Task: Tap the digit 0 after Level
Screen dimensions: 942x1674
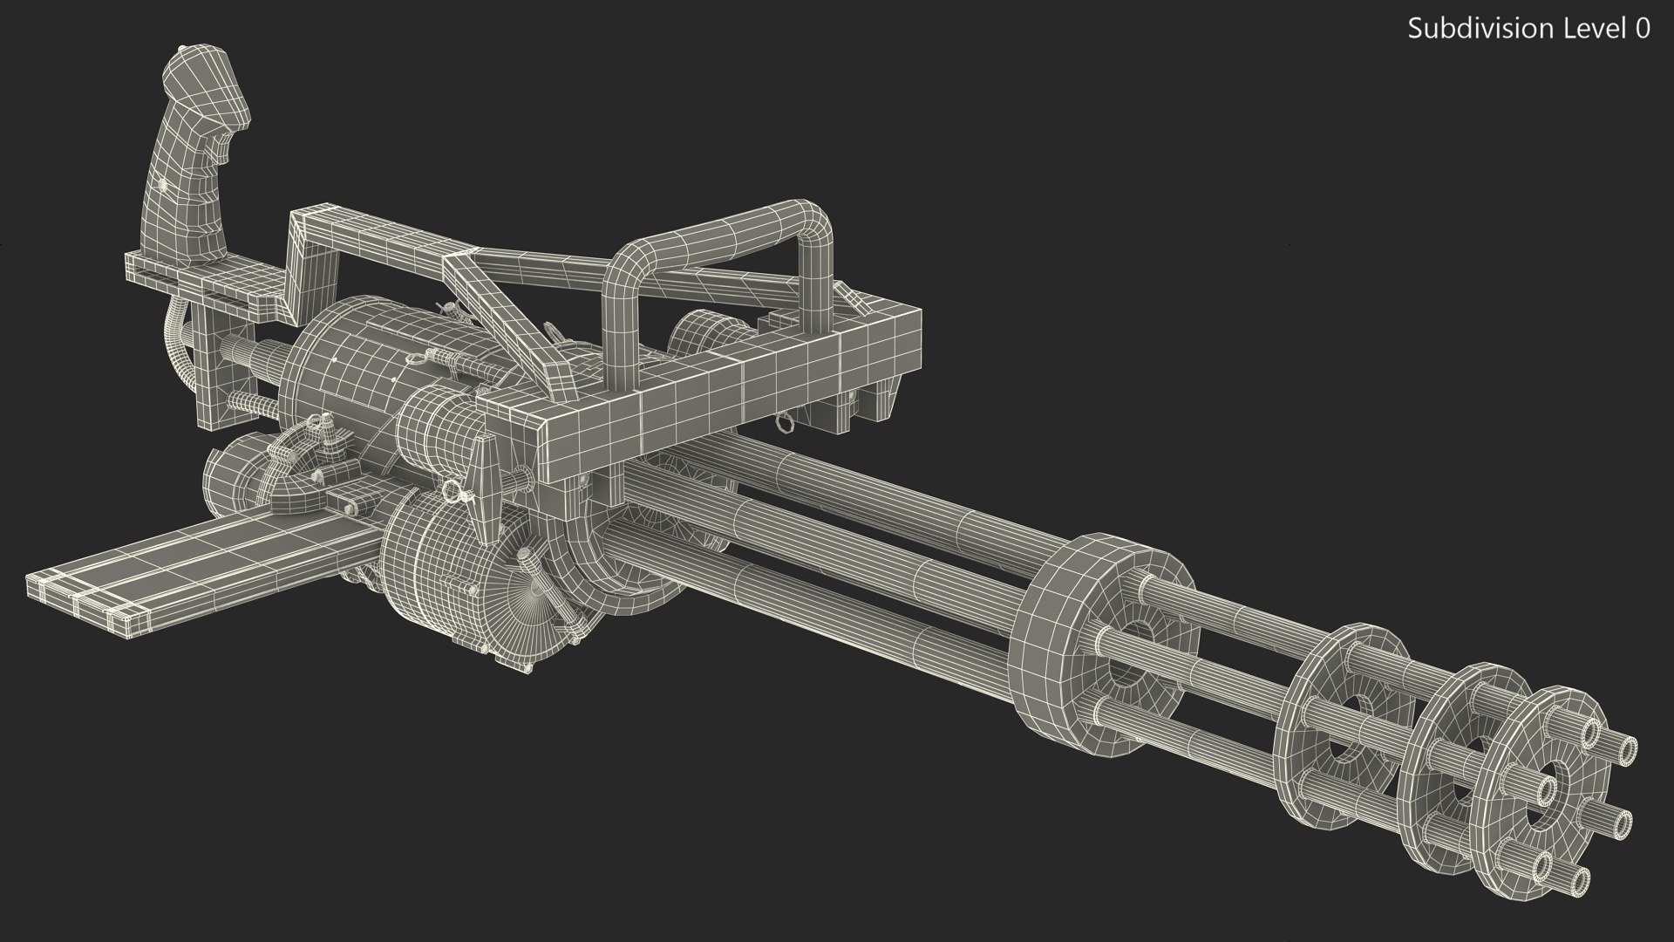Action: (x=1642, y=29)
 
